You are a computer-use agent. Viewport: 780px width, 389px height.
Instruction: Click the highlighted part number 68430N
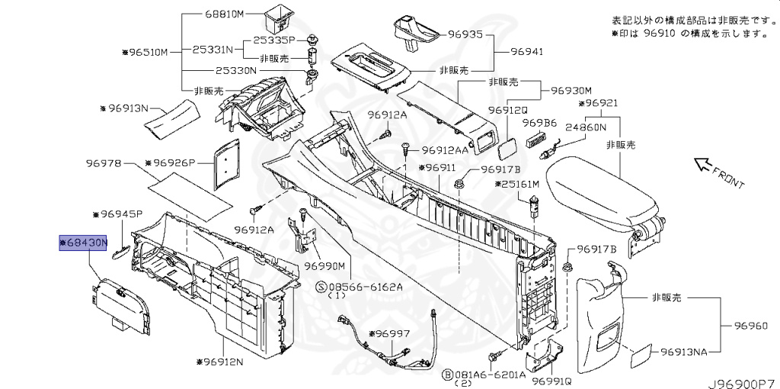(85, 243)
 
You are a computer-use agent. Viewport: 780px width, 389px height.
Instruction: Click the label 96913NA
(684, 352)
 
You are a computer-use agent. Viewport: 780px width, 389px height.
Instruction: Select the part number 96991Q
(551, 381)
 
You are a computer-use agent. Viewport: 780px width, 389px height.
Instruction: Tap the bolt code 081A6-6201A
(487, 375)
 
